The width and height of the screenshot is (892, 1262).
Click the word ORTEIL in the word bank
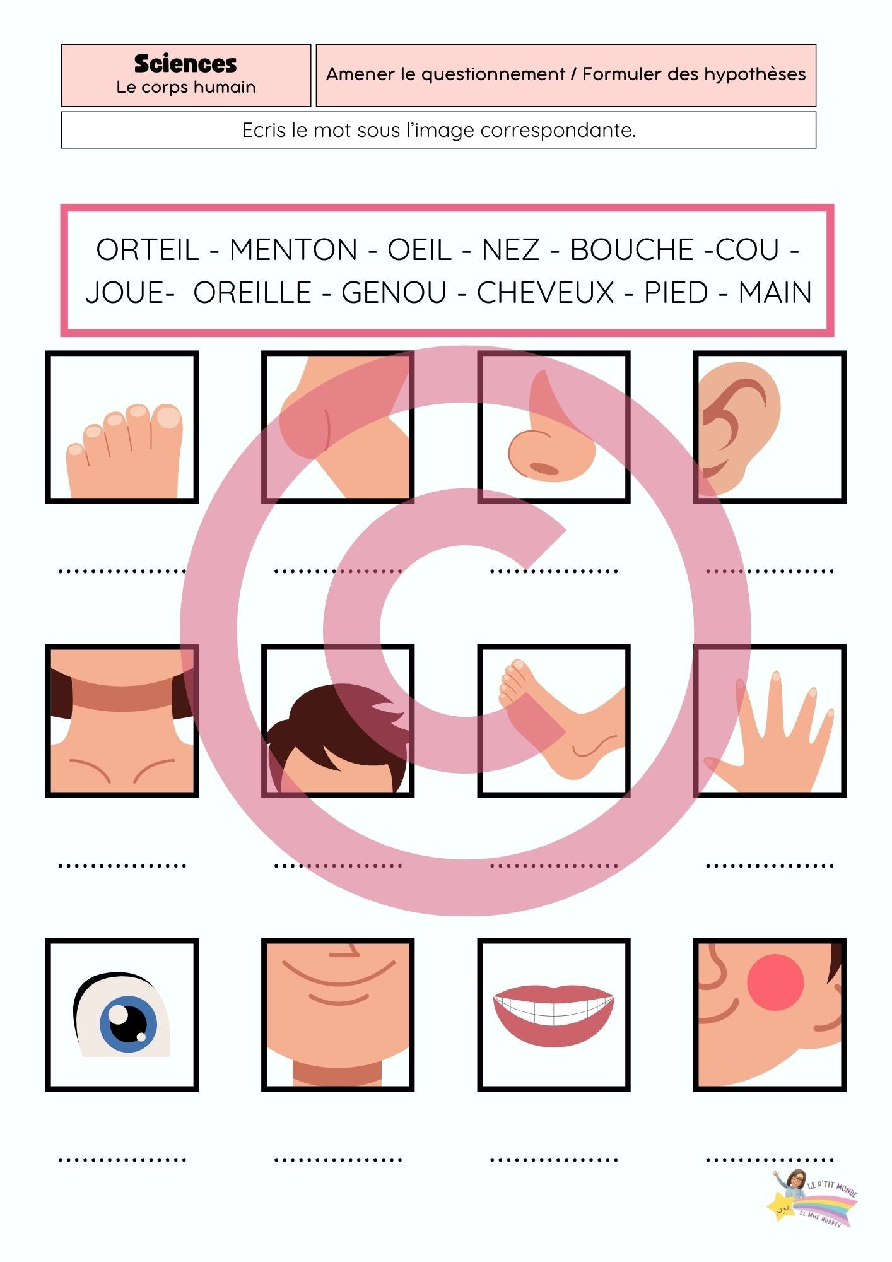[148, 250]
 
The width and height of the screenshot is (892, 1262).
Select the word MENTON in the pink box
[293, 250]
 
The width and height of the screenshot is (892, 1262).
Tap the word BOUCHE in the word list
[631, 250]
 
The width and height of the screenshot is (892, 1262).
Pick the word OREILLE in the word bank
[252, 293]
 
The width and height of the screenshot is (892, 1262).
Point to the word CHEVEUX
[545, 293]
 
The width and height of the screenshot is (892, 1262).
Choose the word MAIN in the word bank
[775, 293]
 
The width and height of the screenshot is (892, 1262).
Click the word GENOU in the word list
[394, 293]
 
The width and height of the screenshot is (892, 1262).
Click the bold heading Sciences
[185, 64]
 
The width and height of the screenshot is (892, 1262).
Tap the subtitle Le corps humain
[185, 87]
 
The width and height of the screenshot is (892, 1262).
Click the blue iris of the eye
[128, 1024]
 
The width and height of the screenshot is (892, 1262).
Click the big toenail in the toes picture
[168, 417]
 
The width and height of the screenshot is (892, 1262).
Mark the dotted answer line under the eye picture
[122, 1160]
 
